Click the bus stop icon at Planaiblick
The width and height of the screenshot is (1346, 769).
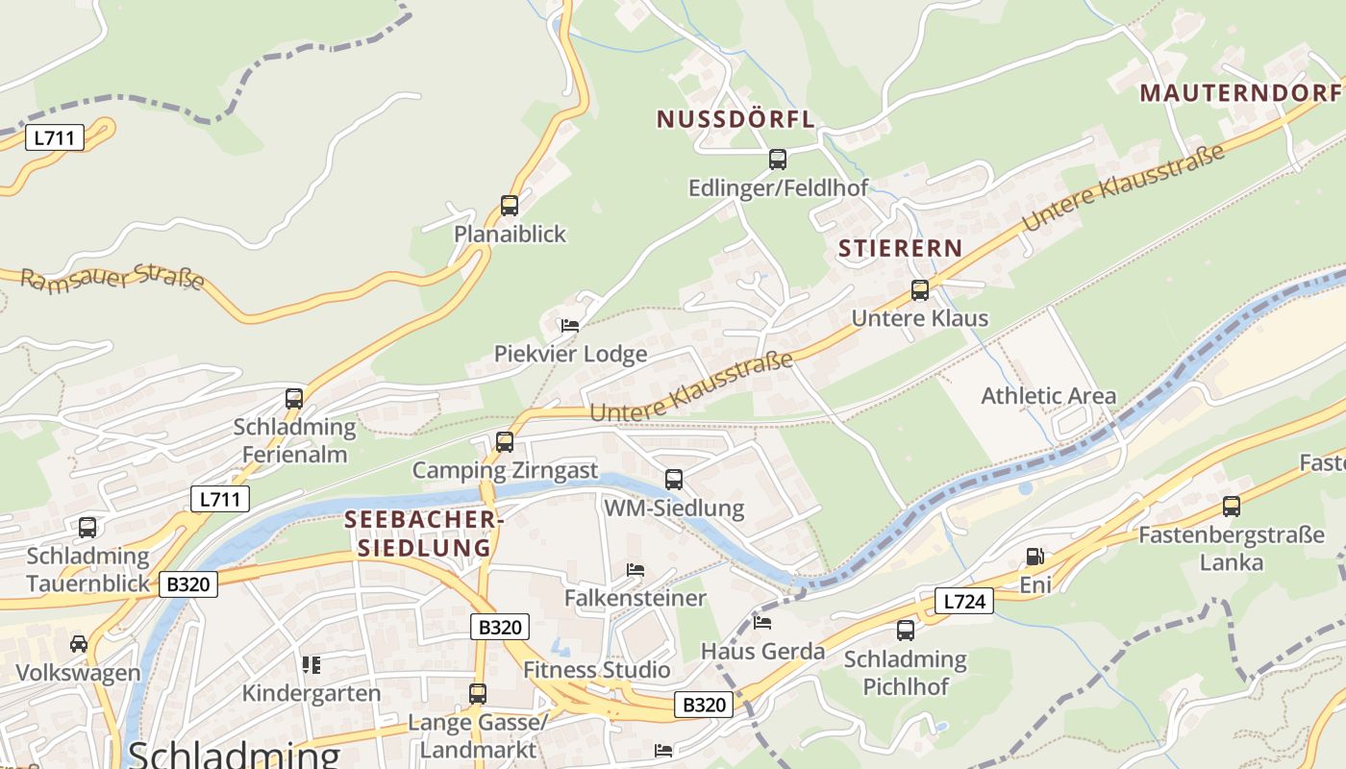coord(510,205)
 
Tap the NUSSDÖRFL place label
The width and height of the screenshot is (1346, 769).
coord(735,119)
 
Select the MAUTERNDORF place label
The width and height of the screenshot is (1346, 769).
coord(1240,93)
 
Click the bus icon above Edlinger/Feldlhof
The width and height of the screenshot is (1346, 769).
coord(778,160)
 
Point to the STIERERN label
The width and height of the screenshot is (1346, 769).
coord(900,248)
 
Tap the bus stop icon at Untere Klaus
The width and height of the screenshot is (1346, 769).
coord(920,289)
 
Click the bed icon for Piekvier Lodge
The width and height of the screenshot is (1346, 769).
coord(570,326)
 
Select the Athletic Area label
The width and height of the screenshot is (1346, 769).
coord(1048,395)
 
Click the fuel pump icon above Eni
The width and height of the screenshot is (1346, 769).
coord(1034,557)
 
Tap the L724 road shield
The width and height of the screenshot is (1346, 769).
coord(963,602)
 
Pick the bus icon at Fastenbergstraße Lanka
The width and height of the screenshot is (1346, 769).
coord(1232,507)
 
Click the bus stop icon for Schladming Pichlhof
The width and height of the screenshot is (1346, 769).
coord(906,631)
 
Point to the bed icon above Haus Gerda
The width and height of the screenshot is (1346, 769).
coord(762,622)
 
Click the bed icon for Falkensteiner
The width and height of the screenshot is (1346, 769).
coord(635,570)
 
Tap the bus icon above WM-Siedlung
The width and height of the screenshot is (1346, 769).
coord(674,479)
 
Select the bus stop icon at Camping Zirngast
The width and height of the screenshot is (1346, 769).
coord(505,442)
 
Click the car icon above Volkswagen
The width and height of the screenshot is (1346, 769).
coord(79,643)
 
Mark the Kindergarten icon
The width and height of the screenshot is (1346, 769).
coord(311,664)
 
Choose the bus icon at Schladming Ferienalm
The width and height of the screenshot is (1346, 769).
coord(294,398)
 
